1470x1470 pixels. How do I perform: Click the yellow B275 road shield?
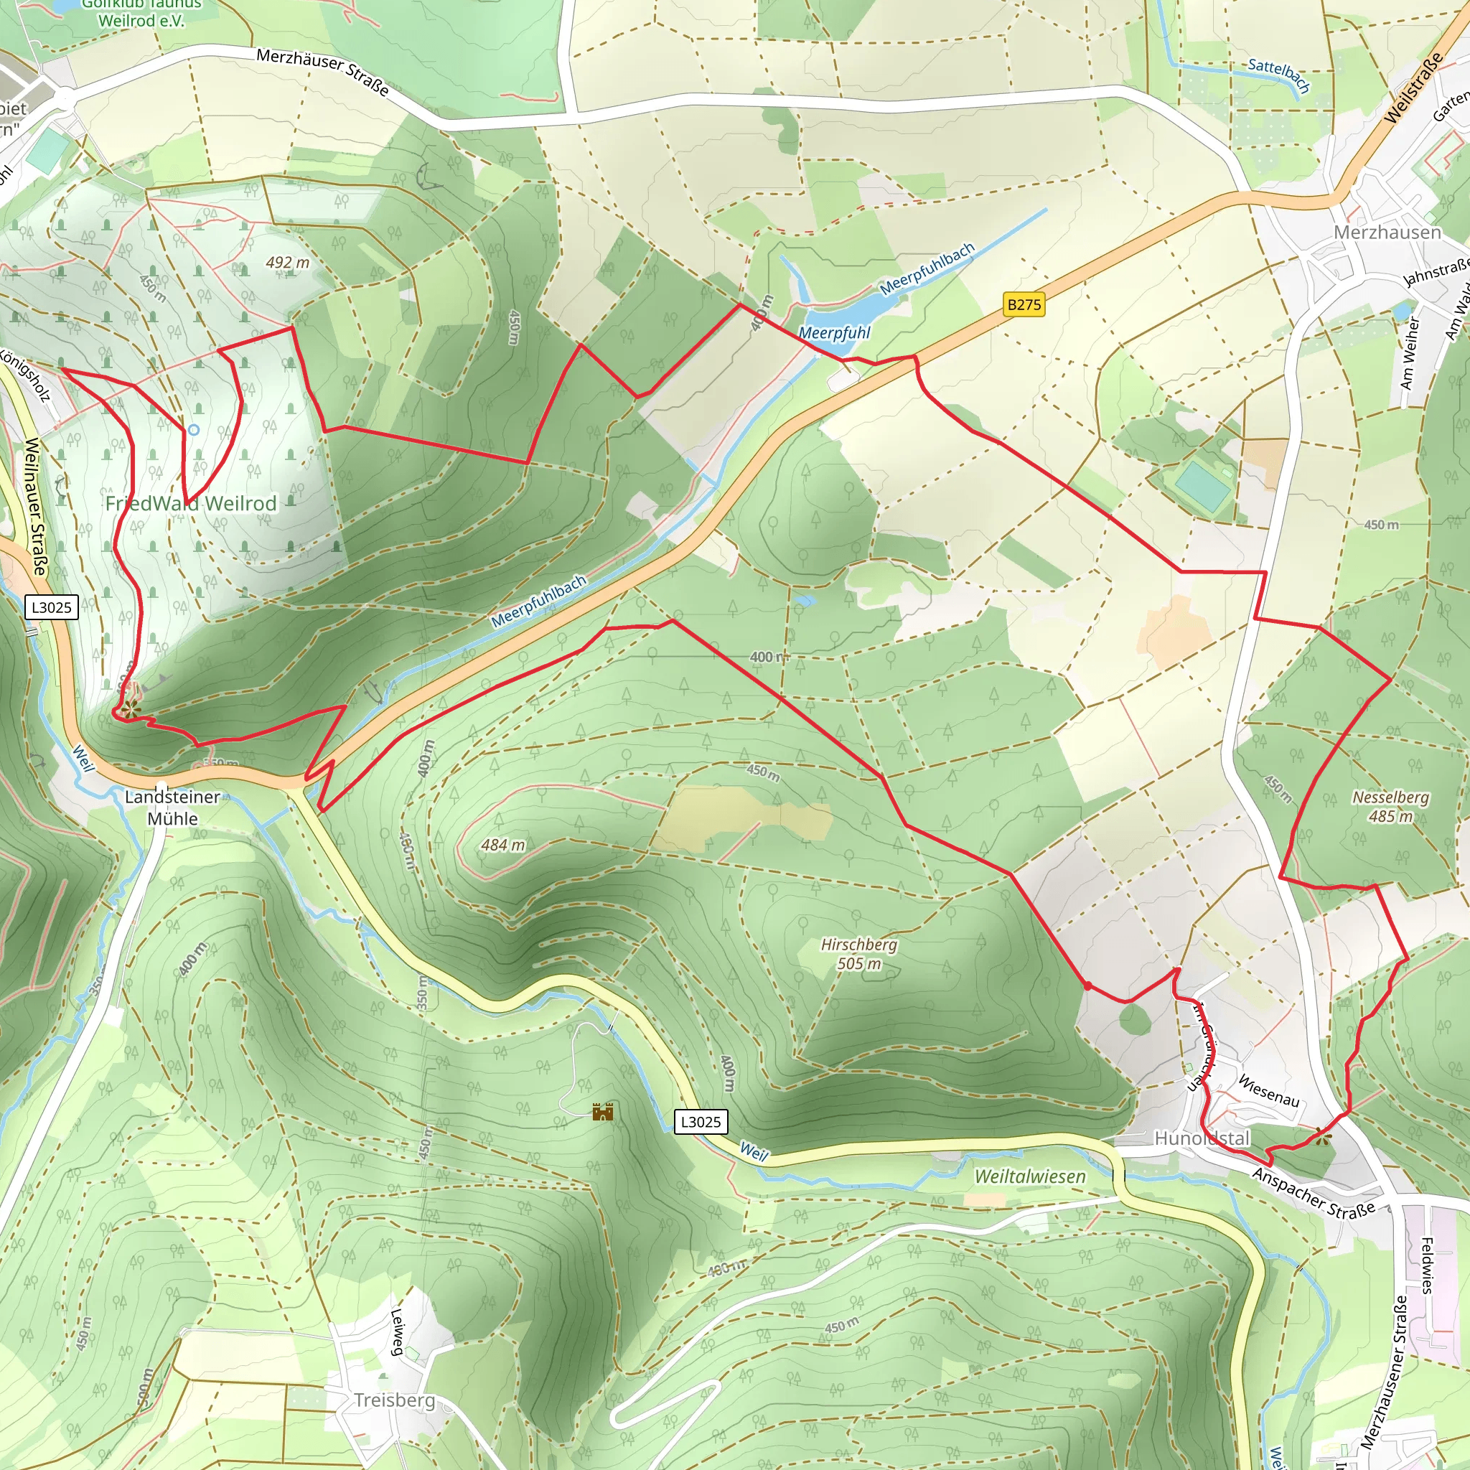pos(1024,305)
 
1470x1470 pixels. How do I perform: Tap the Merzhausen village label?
pos(1387,232)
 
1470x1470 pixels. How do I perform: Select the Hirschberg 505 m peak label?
pos(859,954)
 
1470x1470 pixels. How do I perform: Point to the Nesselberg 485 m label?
pos(1390,807)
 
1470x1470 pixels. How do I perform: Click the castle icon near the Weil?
pos(603,1113)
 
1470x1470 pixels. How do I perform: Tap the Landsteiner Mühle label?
pos(173,807)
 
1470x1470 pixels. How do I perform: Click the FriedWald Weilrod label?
pos(191,504)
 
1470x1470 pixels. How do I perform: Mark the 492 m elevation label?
pos(288,263)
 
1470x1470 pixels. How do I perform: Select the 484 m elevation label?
pos(503,845)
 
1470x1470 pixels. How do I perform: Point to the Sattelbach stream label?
pos(1279,75)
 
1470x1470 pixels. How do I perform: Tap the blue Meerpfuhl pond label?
pos(834,333)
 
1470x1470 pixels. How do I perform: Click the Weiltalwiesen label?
pos(1030,1176)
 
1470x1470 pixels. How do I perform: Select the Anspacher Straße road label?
pos(1314,1193)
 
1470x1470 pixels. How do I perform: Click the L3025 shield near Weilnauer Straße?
pos(52,607)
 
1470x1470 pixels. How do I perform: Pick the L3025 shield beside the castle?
pos(701,1122)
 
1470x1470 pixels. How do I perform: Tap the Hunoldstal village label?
pos(1202,1138)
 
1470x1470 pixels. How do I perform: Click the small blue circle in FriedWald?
pos(193,430)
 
